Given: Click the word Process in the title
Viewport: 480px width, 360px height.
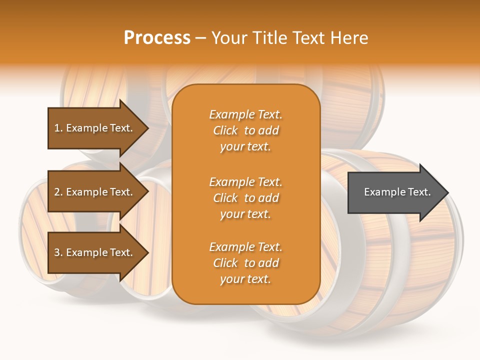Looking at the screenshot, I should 157,38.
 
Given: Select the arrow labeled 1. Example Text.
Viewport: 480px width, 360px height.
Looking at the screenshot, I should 95,128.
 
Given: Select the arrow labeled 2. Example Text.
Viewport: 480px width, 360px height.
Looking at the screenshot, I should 95,192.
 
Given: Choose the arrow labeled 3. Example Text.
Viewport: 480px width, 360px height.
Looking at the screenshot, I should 95,252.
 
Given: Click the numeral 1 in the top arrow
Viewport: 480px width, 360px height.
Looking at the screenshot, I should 57,128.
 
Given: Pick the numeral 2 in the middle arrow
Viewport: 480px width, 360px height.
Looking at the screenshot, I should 57,192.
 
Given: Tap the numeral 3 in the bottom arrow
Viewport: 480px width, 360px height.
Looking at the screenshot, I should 57,252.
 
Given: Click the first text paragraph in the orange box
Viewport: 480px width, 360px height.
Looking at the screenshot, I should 245,130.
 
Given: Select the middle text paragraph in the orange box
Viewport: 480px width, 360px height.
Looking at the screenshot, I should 245,198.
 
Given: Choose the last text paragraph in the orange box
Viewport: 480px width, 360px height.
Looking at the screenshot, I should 245,263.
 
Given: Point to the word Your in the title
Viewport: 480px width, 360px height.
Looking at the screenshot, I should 228,38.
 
